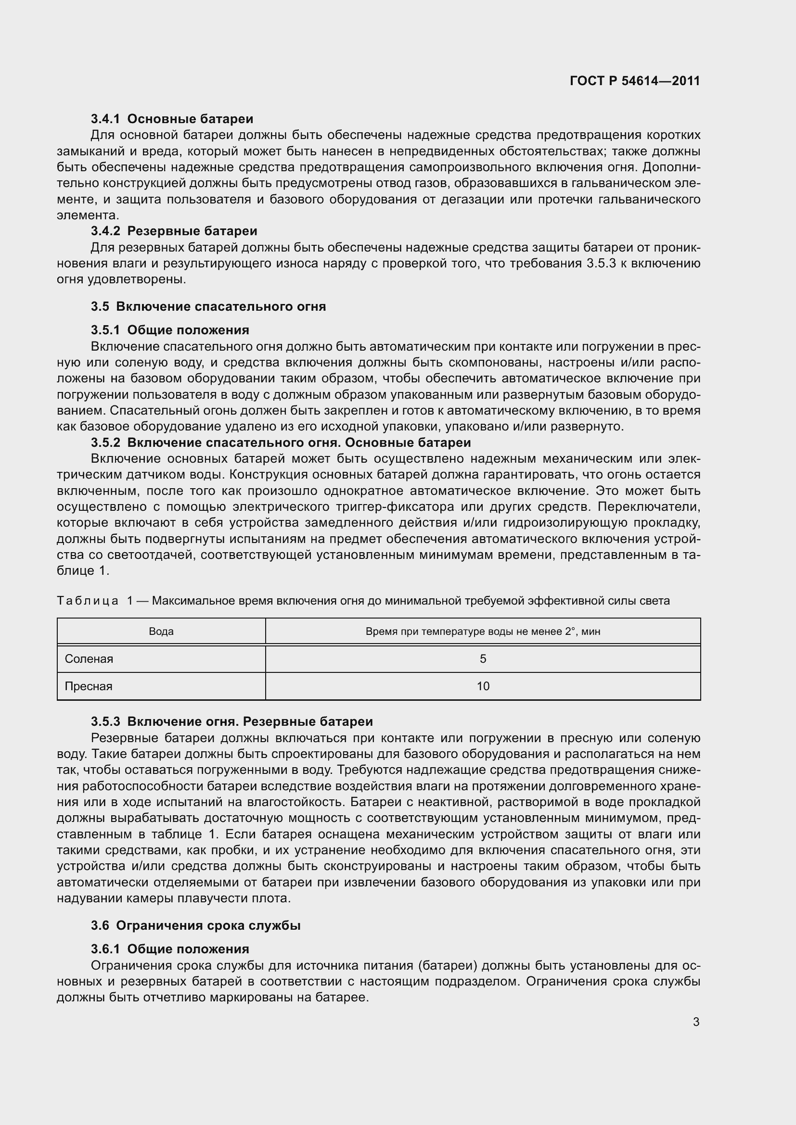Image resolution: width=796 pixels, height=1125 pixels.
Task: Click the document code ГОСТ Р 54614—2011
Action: click(635, 81)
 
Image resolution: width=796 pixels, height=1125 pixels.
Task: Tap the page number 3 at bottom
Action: click(696, 1022)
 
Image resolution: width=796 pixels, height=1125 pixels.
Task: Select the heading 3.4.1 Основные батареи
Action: click(172, 119)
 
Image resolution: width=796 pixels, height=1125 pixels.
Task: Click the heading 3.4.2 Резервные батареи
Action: click(174, 231)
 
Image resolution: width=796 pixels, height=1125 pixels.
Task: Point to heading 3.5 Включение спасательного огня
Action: click(208, 307)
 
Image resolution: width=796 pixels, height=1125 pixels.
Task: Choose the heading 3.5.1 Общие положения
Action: click(170, 330)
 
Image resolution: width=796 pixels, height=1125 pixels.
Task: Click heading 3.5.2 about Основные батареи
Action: click(281, 442)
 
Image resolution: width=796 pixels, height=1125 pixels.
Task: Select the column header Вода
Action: click(161, 632)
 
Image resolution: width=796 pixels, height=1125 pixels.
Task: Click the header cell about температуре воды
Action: click(483, 632)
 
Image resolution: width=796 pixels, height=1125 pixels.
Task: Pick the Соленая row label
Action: click(89, 659)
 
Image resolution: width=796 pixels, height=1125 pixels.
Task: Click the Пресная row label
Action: click(89, 686)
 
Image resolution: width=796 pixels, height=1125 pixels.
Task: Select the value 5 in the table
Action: click(483, 659)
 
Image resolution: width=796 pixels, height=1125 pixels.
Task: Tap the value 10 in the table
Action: click(483, 686)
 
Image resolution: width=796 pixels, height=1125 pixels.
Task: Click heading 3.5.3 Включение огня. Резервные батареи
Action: click(232, 722)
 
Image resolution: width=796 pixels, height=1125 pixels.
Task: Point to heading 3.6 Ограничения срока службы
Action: click(195, 925)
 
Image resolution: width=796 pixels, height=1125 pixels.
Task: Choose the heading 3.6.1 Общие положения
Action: click(170, 949)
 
